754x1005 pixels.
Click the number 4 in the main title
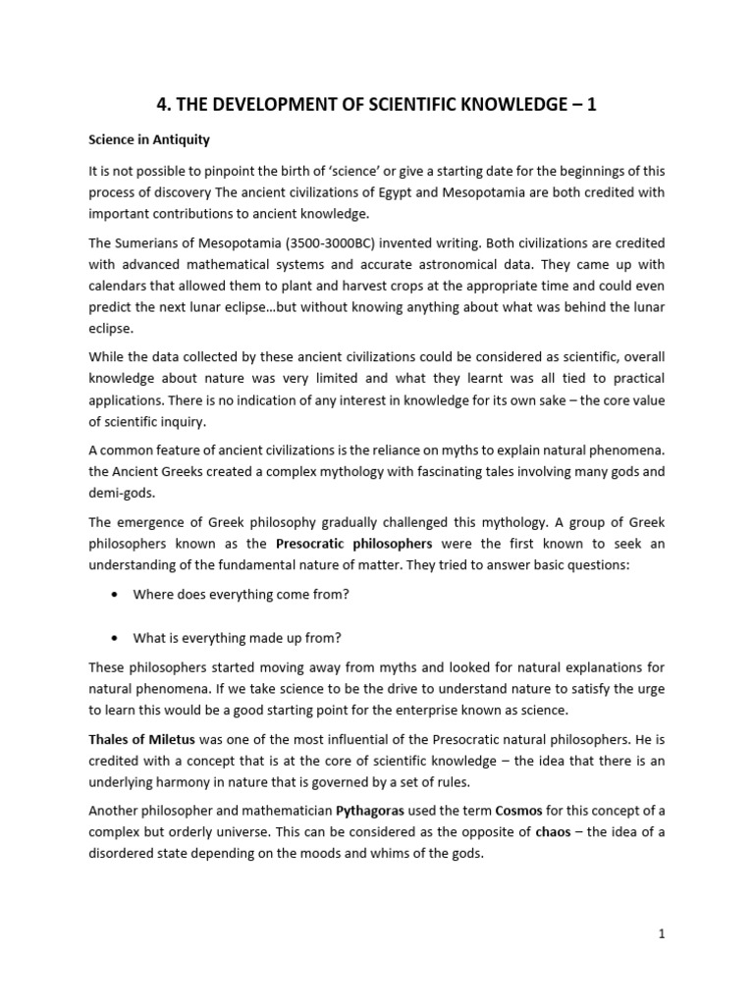[x=164, y=104]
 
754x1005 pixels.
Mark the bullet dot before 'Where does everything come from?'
[x=118, y=595]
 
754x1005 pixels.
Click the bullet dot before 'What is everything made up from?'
[x=118, y=638]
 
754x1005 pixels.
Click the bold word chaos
[x=553, y=832]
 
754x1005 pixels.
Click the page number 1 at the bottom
[x=663, y=934]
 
